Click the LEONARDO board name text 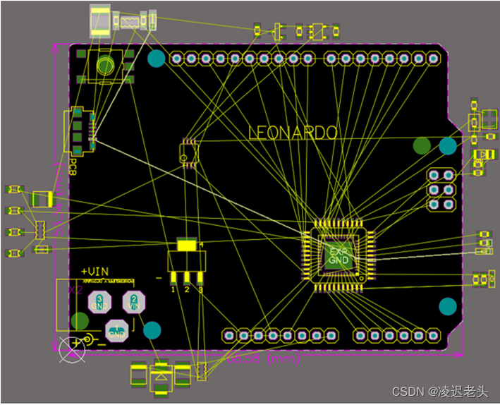coord(293,133)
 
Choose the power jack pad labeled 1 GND coord(116,330)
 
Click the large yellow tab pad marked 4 coord(187,246)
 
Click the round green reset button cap coord(106,66)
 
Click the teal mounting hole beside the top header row coord(156,59)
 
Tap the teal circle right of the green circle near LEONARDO coord(447,146)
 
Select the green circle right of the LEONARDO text coord(422,146)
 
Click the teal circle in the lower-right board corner coord(447,306)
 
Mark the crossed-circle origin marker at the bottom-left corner coord(71,346)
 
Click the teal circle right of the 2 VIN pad coord(152,330)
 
